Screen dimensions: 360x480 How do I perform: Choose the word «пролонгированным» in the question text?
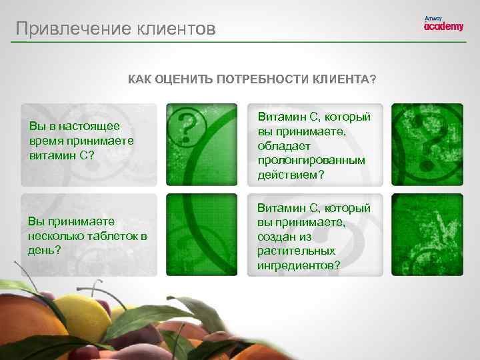312,160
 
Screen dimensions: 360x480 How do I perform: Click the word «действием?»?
287,175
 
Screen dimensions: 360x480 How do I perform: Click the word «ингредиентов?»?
299,265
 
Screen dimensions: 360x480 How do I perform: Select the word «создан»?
274,236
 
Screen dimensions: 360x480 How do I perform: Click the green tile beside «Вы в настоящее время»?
201,145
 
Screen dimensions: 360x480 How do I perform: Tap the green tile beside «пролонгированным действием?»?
427,145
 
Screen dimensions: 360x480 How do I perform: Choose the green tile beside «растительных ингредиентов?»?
427,235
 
